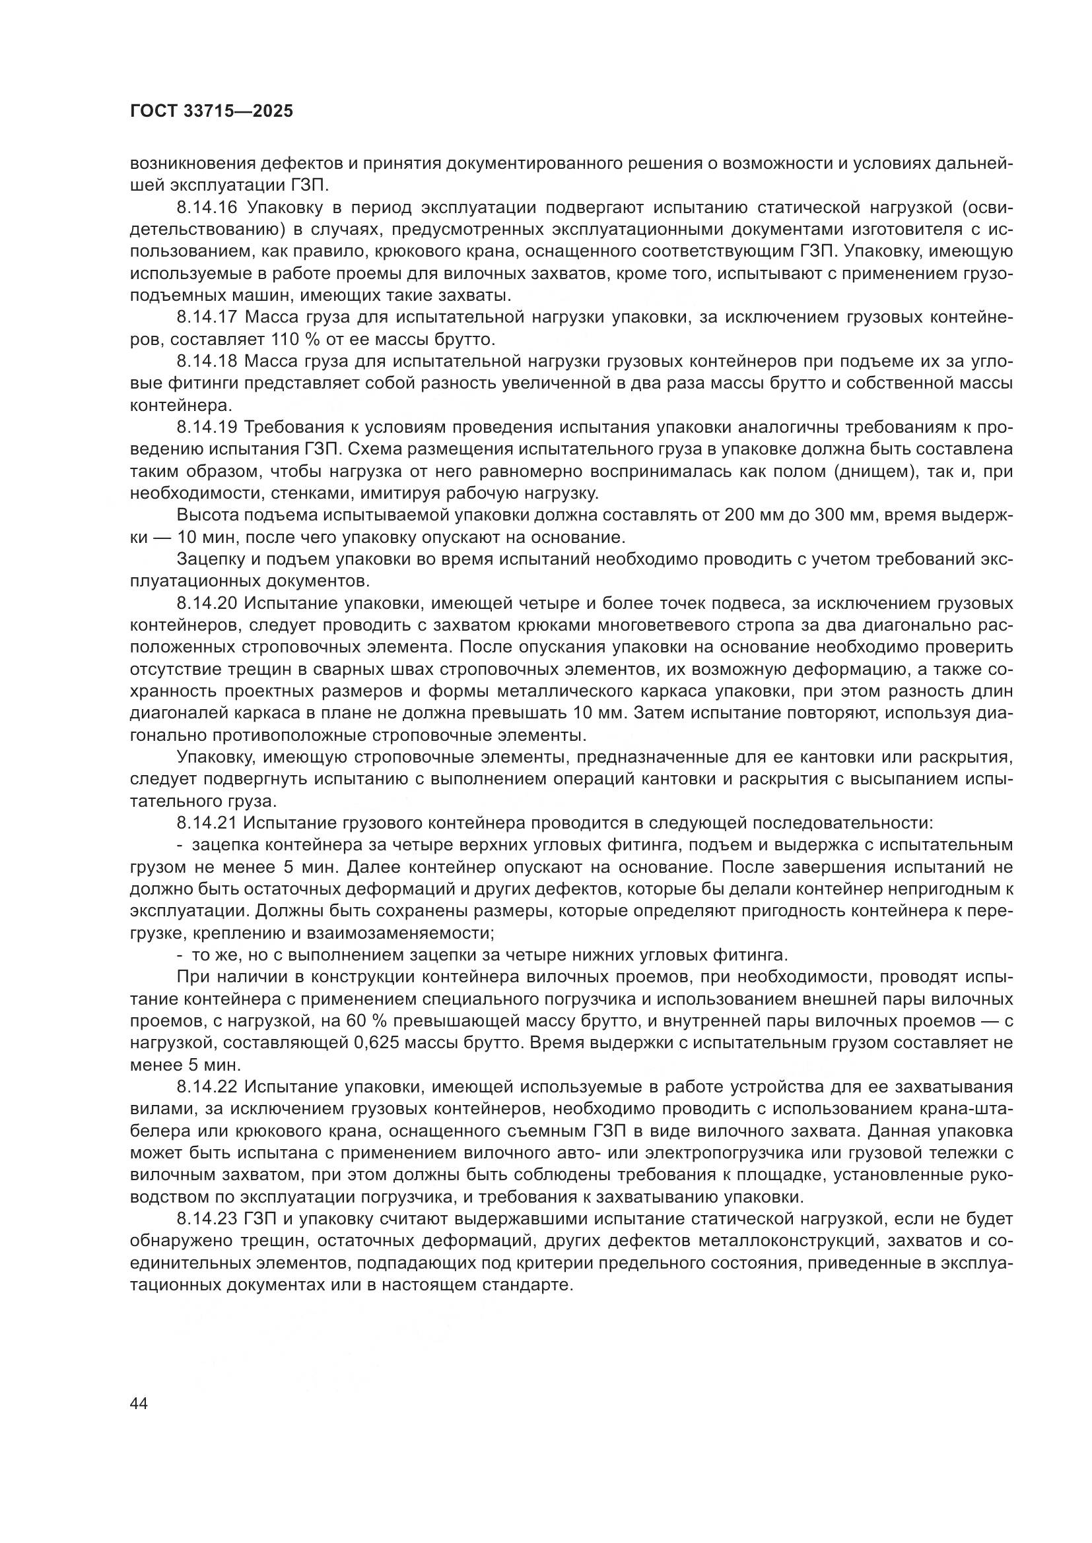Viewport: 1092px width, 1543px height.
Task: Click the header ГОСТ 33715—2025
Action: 211,111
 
